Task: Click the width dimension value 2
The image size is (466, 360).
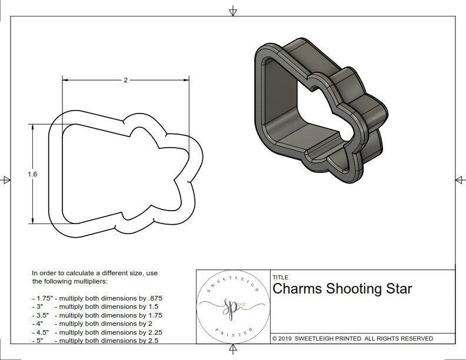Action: (125, 80)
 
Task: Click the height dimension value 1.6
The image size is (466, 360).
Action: (32, 174)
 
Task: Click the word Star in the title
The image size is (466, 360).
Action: (399, 289)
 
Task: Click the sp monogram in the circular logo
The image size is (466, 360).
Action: (231, 306)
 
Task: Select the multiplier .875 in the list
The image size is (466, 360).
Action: (154, 298)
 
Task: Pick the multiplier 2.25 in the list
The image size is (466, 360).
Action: (152, 332)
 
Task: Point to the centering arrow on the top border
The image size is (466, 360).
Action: (233, 11)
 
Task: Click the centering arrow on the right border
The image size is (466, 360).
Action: (460, 180)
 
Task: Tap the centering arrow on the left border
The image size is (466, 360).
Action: (6, 180)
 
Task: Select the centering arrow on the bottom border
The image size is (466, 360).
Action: (233, 350)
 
